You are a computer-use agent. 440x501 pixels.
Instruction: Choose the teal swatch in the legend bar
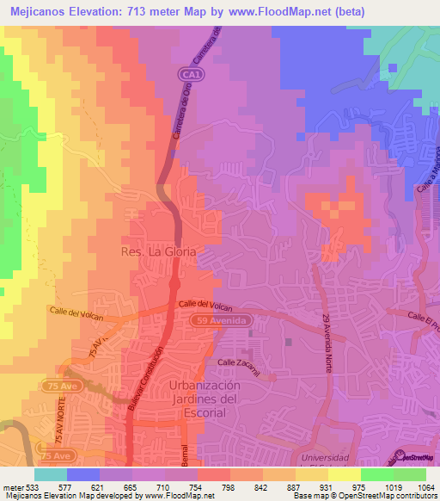[x=50, y=474]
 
